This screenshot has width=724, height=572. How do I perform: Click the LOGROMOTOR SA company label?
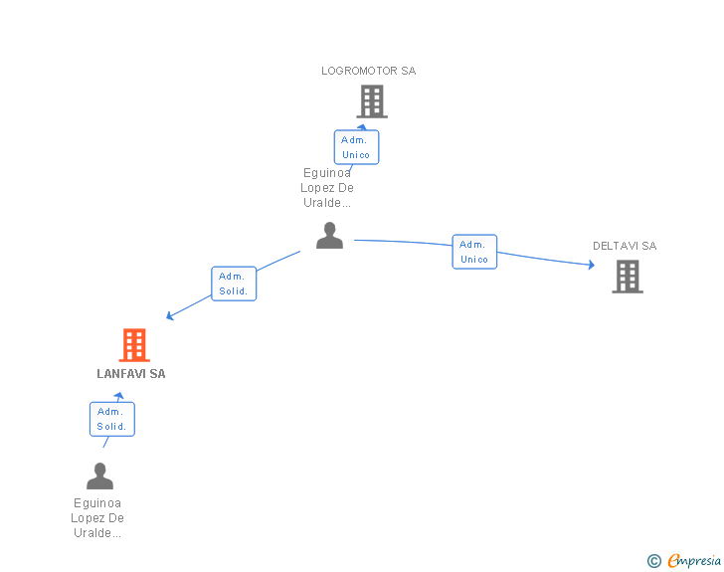tap(368, 71)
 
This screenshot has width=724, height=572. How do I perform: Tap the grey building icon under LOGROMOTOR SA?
tap(371, 101)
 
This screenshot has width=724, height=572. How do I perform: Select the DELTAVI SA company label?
tap(625, 246)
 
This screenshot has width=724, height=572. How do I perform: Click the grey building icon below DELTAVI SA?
tap(628, 277)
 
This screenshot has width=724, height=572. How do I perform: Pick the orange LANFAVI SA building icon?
tap(133, 344)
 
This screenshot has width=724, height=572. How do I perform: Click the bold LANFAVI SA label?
tap(131, 374)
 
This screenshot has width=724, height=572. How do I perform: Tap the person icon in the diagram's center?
tap(329, 236)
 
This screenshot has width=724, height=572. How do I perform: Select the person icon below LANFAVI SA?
tap(99, 477)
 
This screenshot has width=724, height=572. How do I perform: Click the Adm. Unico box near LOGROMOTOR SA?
tap(356, 147)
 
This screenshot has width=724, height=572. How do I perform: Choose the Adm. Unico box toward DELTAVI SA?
tap(474, 252)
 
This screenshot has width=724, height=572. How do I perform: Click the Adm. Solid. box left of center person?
tap(234, 284)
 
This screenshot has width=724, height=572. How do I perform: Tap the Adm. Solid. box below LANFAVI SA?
tap(111, 419)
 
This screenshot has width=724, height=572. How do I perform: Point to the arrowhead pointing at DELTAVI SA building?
tap(591, 265)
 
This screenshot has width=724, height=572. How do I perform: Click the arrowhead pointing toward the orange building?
tap(170, 316)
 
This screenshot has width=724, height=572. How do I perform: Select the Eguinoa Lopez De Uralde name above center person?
tap(327, 187)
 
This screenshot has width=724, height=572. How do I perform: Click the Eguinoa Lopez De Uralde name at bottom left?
tap(97, 517)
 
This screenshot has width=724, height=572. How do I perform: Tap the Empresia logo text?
tap(694, 561)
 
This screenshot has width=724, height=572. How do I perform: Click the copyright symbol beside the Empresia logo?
tap(653, 562)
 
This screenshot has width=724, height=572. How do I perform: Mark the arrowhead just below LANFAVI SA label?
tap(119, 396)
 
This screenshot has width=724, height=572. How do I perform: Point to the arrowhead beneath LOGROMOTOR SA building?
tap(362, 126)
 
